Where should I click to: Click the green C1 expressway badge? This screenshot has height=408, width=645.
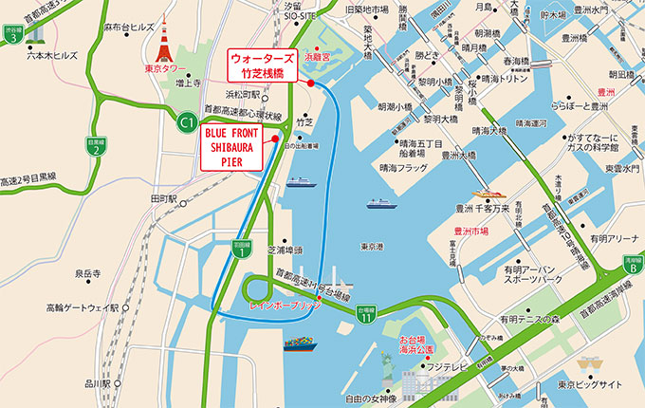[x=187, y=120]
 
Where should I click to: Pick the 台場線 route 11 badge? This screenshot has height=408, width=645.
[x=367, y=314]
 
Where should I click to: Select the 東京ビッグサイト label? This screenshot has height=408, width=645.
[x=590, y=384]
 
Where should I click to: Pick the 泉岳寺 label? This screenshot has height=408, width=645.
[x=89, y=273]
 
